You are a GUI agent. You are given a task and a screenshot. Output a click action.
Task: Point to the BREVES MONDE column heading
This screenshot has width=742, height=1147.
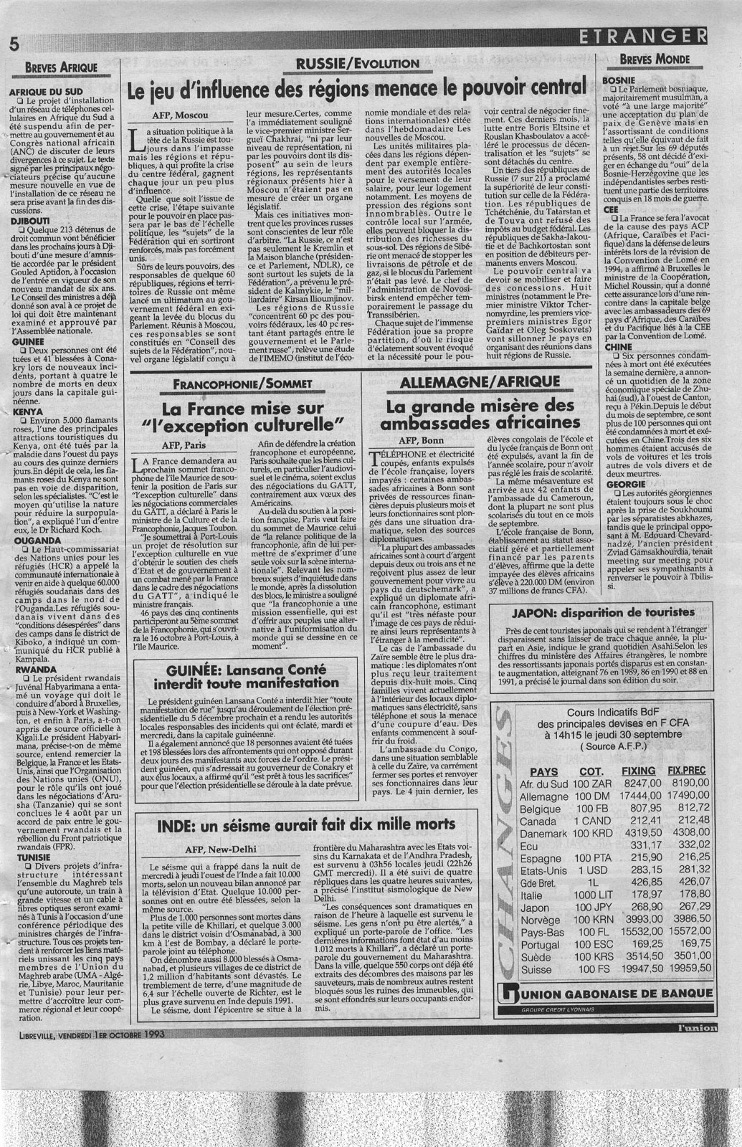(x=656, y=59)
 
